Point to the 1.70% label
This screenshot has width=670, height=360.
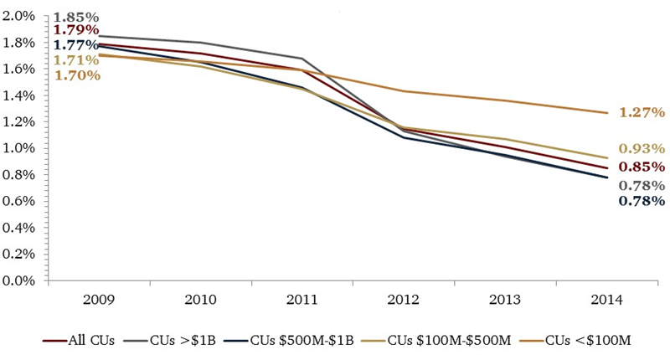[x=78, y=75]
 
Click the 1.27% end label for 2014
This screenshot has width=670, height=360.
[x=642, y=112]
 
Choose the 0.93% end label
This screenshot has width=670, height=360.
[x=642, y=148]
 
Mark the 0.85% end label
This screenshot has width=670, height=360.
[x=642, y=166]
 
